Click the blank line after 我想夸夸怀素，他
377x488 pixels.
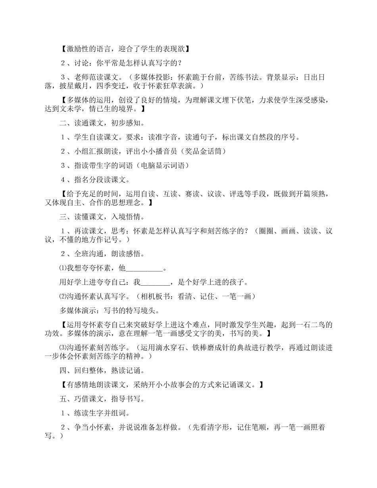point(144,269)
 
